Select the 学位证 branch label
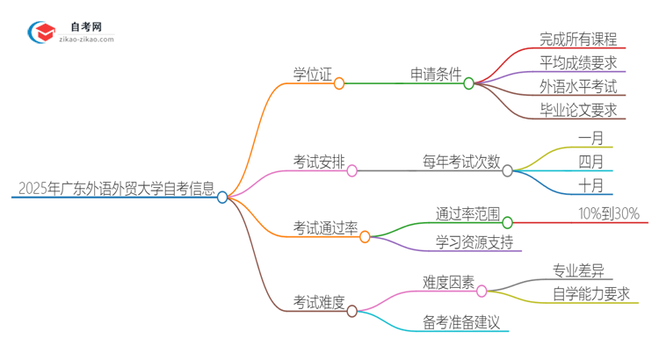point(312,75)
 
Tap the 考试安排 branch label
point(318,162)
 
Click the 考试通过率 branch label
point(325,227)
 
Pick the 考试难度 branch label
point(318,302)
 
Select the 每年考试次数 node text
point(461,162)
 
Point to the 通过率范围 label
point(467,213)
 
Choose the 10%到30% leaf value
point(608,213)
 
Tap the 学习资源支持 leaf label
point(474,241)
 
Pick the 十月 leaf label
point(591,184)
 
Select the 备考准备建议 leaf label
point(460,322)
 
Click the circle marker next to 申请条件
point(469,83)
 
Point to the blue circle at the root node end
point(222,198)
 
